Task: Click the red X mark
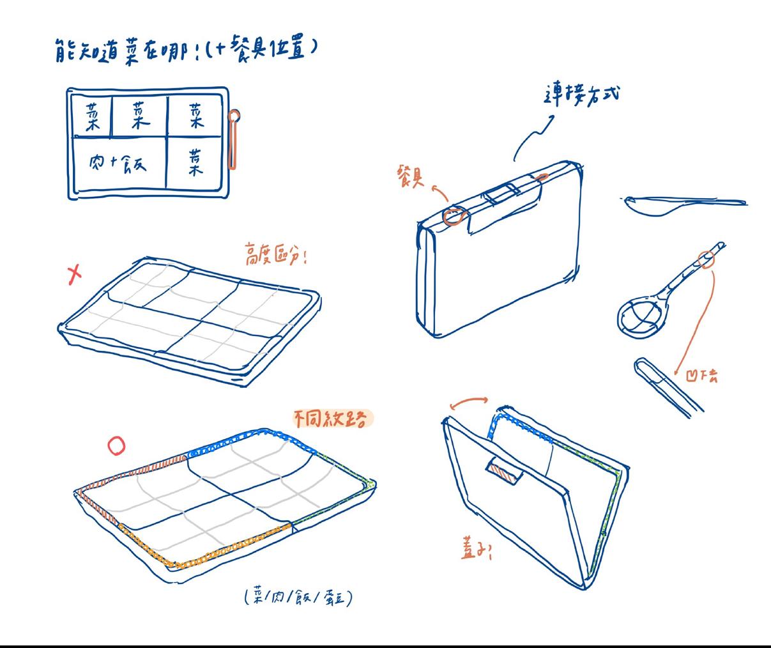coord(75,274)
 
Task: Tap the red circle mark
coord(116,445)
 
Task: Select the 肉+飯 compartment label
coord(118,164)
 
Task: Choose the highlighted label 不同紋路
coord(330,419)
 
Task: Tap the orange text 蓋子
coord(477,548)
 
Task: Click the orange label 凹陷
coord(701,376)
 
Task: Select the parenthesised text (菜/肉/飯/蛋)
coord(298,597)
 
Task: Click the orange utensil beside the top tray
coord(234,139)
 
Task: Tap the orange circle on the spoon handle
coord(706,259)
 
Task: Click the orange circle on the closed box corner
coord(454,216)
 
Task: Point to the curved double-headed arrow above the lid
coord(469,402)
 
